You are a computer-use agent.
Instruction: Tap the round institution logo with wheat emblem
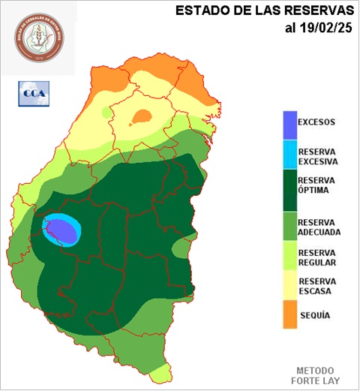point(37,38)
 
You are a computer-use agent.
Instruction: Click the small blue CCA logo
point(32,94)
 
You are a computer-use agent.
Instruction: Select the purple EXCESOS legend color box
point(289,123)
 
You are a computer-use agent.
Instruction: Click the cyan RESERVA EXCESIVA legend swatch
point(289,154)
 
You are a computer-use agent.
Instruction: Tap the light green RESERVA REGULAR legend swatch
point(289,257)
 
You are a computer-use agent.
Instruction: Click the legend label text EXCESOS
point(316,122)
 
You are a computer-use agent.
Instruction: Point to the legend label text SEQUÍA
point(314,316)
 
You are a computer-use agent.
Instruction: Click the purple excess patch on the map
point(61,230)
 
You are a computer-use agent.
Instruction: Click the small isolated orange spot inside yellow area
point(141,116)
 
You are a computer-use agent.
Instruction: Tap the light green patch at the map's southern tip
point(158,373)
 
